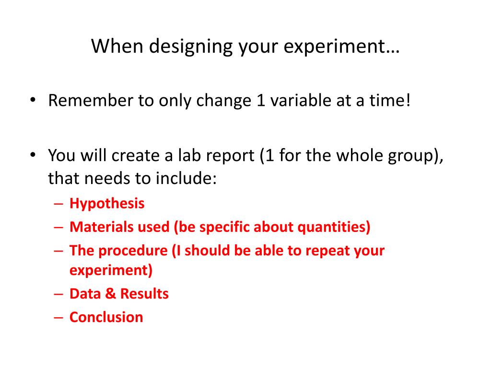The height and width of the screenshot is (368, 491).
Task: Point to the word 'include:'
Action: pos(187,179)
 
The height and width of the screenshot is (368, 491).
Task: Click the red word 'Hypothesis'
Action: pos(107,204)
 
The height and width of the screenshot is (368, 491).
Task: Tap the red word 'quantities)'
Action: pos(334,227)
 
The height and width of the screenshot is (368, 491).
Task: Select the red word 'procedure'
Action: pos(128,250)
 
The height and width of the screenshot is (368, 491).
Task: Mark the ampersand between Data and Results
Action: pos(111,293)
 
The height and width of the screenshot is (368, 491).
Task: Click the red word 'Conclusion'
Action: pos(106,317)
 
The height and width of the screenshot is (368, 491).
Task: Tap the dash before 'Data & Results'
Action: pos(59,294)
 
